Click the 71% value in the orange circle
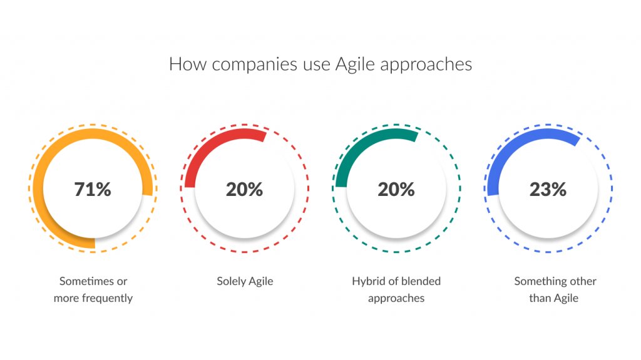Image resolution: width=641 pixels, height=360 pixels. [93, 189]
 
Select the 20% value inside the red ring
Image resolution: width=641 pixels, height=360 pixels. [244, 189]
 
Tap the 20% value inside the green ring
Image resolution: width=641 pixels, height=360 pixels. [396, 189]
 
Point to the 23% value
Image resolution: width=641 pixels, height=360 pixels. [548, 189]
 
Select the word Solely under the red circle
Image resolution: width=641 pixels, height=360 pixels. [231, 281]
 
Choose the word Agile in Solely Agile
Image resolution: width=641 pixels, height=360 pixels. [260, 281]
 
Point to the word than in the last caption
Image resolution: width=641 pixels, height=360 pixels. [540, 298]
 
